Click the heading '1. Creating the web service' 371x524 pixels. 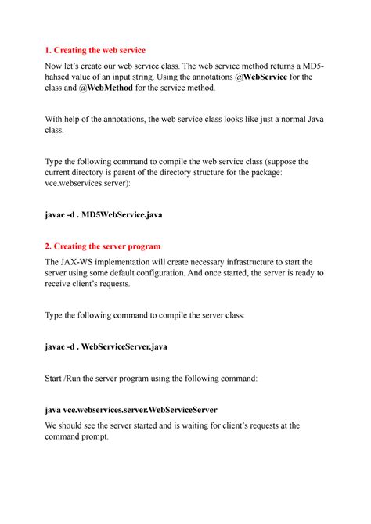[96, 50]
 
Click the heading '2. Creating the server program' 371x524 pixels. [104, 246]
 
